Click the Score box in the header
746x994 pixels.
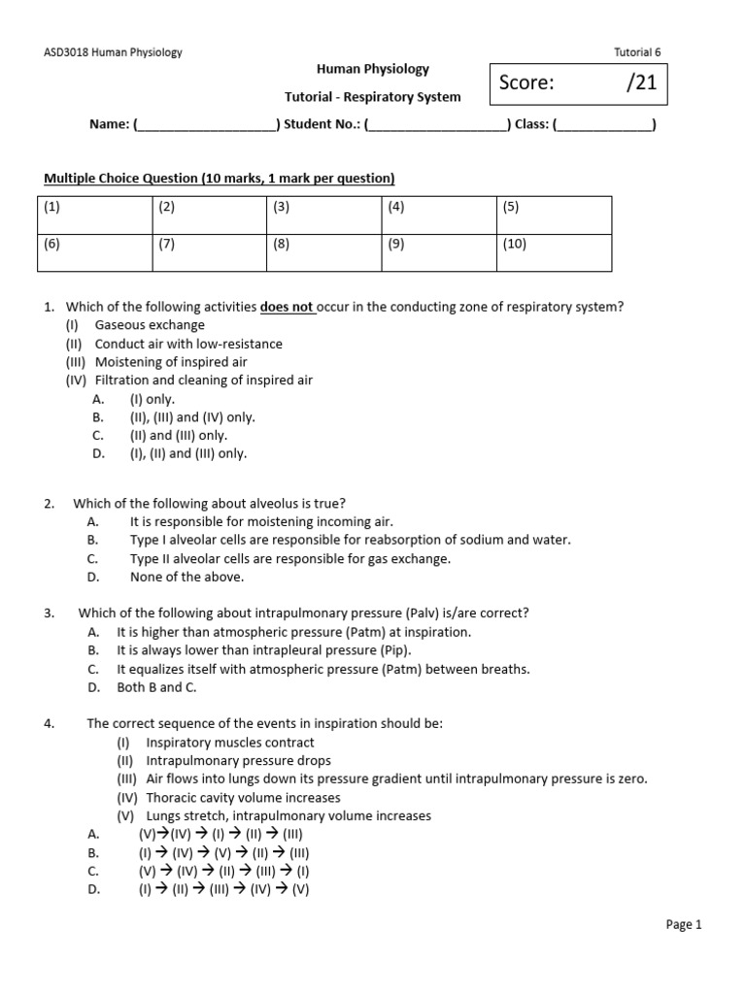click(x=578, y=83)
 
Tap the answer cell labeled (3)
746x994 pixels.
click(x=323, y=215)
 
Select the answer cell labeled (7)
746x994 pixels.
click(x=209, y=252)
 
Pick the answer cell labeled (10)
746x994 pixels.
click(x=554, y=252)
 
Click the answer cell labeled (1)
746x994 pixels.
click(x=94, y=215)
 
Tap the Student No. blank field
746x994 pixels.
click(x=437, y=125)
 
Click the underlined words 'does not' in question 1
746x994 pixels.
click(x=287, y=307)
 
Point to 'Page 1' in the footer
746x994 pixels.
click(x=683, y=925)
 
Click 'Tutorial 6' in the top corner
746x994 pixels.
click(x=639, y=52)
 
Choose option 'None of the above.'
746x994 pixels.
click(x=187, y=577)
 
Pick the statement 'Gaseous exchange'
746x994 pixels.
click(x=150, y=325)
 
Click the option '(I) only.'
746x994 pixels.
click(x=153, y=399)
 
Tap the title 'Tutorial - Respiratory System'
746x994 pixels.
click(x=372, y=97)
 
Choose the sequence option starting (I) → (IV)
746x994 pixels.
click(x=224, y=852)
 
